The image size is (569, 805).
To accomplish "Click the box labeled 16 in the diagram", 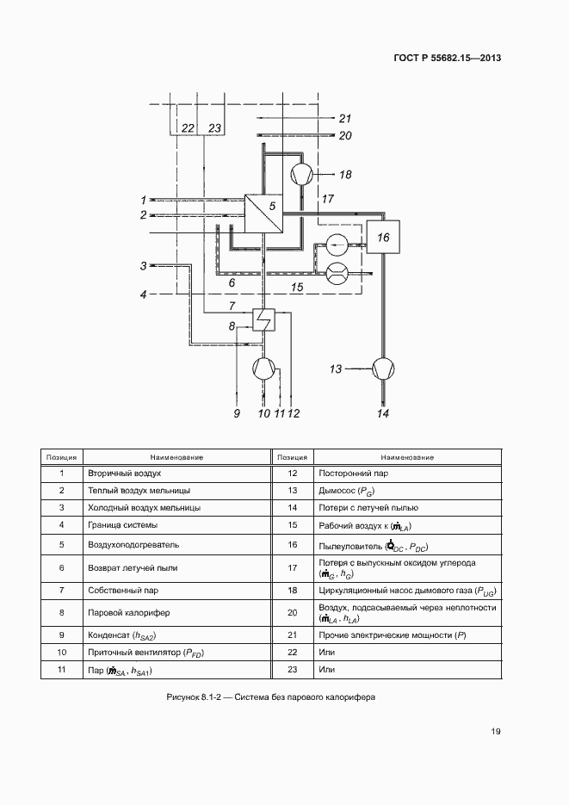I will pos(383,237).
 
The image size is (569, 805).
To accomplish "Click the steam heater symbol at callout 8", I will pos(263,320).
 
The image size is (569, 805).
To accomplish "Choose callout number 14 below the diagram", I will pos(383,413).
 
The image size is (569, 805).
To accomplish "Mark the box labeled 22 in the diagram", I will pos(187,127).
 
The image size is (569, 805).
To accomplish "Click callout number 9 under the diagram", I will pos(235,413).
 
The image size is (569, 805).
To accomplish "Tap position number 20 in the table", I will pos(292,613).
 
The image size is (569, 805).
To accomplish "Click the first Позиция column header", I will pos(62,458).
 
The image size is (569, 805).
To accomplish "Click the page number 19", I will pos(496,732).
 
